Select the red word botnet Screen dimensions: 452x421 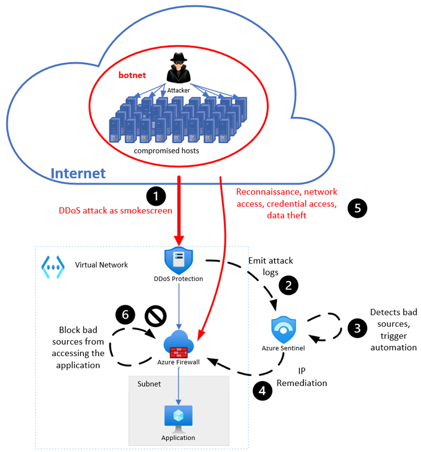132,75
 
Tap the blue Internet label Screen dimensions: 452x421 78,173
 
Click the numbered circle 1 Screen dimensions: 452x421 158,196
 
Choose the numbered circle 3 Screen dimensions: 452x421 357,328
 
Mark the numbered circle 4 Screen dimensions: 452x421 262,391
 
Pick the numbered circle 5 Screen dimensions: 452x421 357,209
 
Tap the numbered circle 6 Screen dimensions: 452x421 125,314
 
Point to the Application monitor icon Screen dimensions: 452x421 178,418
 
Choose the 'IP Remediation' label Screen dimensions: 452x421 302,378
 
